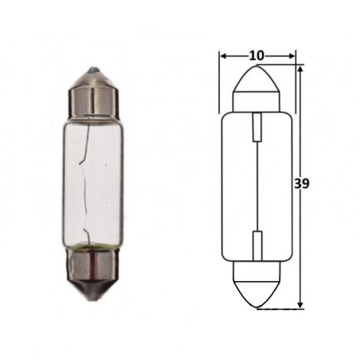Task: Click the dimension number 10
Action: coord(257,56)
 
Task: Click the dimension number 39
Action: coord(302,183)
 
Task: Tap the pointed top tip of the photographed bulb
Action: coord(93,68)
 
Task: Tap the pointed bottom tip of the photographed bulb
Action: coord(94,299)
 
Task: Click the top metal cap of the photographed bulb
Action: coord(94,93)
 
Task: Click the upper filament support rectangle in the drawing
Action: coord(257,127)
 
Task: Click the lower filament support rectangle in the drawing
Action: coord(257,246)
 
